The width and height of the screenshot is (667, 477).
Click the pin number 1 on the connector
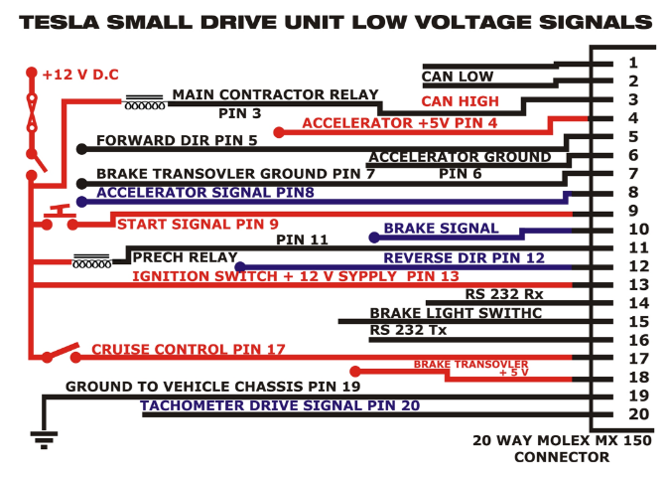coord(632,63)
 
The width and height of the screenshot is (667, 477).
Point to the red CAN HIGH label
coord(460,100)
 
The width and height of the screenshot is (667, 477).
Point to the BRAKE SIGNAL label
coord(441,228)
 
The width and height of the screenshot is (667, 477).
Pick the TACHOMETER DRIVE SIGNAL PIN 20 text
coord(280,405)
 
